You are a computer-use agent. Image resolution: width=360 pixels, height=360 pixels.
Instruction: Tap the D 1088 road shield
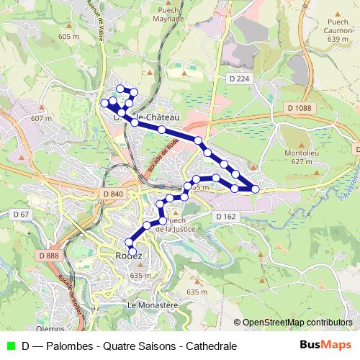[299, 108]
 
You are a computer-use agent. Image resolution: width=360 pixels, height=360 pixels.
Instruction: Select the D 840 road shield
[113, 194]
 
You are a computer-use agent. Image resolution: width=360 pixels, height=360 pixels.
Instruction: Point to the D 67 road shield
[21, 215]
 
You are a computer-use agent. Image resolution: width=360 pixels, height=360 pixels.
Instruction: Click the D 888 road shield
[49, 256]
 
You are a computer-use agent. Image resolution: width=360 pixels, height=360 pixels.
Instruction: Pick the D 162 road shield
[225, 216]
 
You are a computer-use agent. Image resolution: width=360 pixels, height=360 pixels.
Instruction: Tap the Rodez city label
[128, 256]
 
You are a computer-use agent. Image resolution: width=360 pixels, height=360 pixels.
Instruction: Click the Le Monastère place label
[152, 305]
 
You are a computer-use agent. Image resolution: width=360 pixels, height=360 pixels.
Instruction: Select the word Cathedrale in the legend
[211, 346]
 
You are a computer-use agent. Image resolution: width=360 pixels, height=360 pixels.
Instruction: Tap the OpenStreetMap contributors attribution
[297, 322]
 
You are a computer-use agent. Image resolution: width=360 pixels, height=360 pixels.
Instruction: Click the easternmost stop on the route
[255, 189]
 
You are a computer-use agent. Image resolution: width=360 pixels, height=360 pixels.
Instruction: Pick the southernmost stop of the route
[132, 251]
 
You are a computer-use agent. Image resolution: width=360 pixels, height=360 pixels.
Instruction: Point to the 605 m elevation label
[68, 36]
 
